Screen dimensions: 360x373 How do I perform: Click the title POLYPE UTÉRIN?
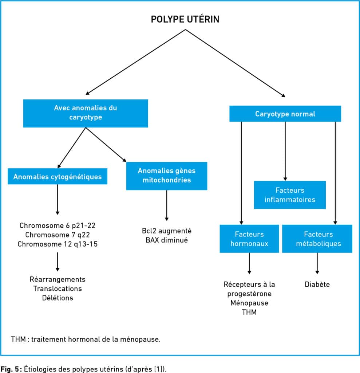tap(185, 19)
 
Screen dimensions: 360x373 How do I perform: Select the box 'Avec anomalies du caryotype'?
tap(86, 113)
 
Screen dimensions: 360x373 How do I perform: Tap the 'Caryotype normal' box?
tap(285, 114)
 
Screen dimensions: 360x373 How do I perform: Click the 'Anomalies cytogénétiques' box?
tap(58, 176)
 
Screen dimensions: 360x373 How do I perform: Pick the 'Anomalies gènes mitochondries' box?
tap(167, 176)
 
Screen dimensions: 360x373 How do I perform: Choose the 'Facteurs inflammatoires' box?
tap(290, 195)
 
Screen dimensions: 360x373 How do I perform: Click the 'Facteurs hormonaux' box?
tap(249, 239)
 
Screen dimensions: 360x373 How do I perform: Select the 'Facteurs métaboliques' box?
tap(317, 239)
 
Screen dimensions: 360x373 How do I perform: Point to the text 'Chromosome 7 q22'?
tap(58, 235)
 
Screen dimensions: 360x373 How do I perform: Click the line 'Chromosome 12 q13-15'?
tap(58, 244)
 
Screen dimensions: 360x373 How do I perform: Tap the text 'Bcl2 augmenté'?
tap(167, 231)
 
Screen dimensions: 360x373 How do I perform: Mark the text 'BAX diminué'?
tap(167, 240)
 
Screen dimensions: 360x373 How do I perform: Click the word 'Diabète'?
tap(317, 284)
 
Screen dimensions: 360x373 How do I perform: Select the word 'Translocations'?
tap(58, 288)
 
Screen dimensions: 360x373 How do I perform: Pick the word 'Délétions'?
tap(58, 298)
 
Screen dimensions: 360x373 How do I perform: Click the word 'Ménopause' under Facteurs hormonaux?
tap(249, 303)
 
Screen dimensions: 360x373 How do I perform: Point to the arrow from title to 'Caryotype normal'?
tap(235, 63)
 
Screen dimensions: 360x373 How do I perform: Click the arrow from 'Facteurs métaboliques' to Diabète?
tap(317, 263)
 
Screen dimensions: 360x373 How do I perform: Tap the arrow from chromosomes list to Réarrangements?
tap(58, 262)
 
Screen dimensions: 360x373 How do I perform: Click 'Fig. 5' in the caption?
tap(10, 369)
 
